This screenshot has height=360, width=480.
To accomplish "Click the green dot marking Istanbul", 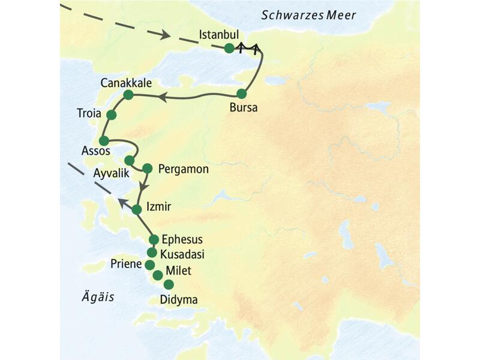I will click(229, 49).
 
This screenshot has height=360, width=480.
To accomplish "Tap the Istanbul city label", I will click(223, 34).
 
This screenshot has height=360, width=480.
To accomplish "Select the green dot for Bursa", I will click(242, 94).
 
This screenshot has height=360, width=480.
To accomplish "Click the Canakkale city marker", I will click(128, 95).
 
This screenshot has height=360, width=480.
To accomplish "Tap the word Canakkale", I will click(127, 82).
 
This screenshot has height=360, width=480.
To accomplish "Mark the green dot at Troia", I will click(111, 114).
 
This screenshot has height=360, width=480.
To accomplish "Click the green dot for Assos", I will click(103, 140).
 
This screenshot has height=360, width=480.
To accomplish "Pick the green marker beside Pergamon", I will click(147, 169).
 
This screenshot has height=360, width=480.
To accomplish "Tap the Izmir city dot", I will click(137, 209).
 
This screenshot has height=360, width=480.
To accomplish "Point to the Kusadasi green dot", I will click(152, 252).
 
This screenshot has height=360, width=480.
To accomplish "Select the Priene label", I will click(127, 265).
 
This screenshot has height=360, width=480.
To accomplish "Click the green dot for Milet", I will click(157, 275).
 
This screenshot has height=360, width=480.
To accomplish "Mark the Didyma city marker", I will click(169, 284).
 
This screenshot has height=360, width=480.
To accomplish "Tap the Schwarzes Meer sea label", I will click(309, 15).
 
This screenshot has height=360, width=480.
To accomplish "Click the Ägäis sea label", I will click(97, 296).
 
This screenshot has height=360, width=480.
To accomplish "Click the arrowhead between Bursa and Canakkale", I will click(161, 96).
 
